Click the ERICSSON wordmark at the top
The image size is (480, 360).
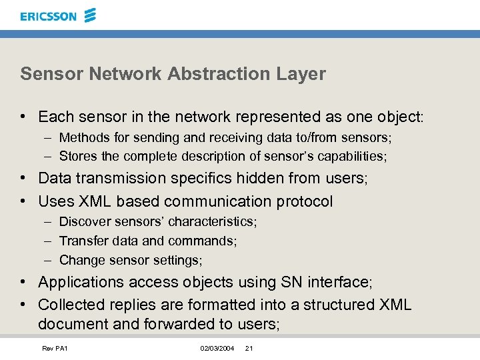49,16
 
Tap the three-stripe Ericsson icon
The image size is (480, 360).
90,15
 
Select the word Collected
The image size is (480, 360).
71,305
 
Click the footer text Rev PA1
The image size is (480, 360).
55,349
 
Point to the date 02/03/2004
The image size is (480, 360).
217,349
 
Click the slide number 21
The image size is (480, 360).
249,349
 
